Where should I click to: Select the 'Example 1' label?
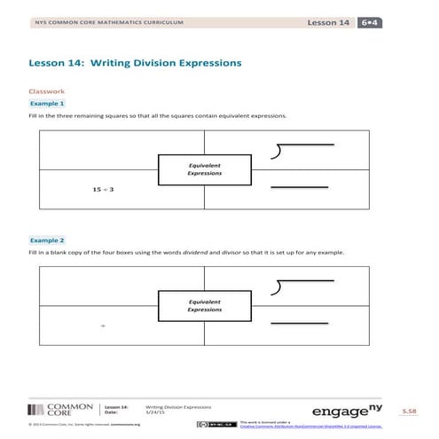[48, 104]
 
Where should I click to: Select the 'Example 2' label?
[48, 240]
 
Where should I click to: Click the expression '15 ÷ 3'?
[104, 190]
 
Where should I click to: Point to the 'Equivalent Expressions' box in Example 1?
[204, 169]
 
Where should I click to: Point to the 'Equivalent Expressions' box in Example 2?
[204, 306]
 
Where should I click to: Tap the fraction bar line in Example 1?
[292, 187]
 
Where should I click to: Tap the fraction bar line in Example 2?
[292, 322]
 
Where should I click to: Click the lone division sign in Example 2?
[103, 326]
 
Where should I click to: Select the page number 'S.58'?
[409, 412]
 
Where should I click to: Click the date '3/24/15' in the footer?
[154, 411]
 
